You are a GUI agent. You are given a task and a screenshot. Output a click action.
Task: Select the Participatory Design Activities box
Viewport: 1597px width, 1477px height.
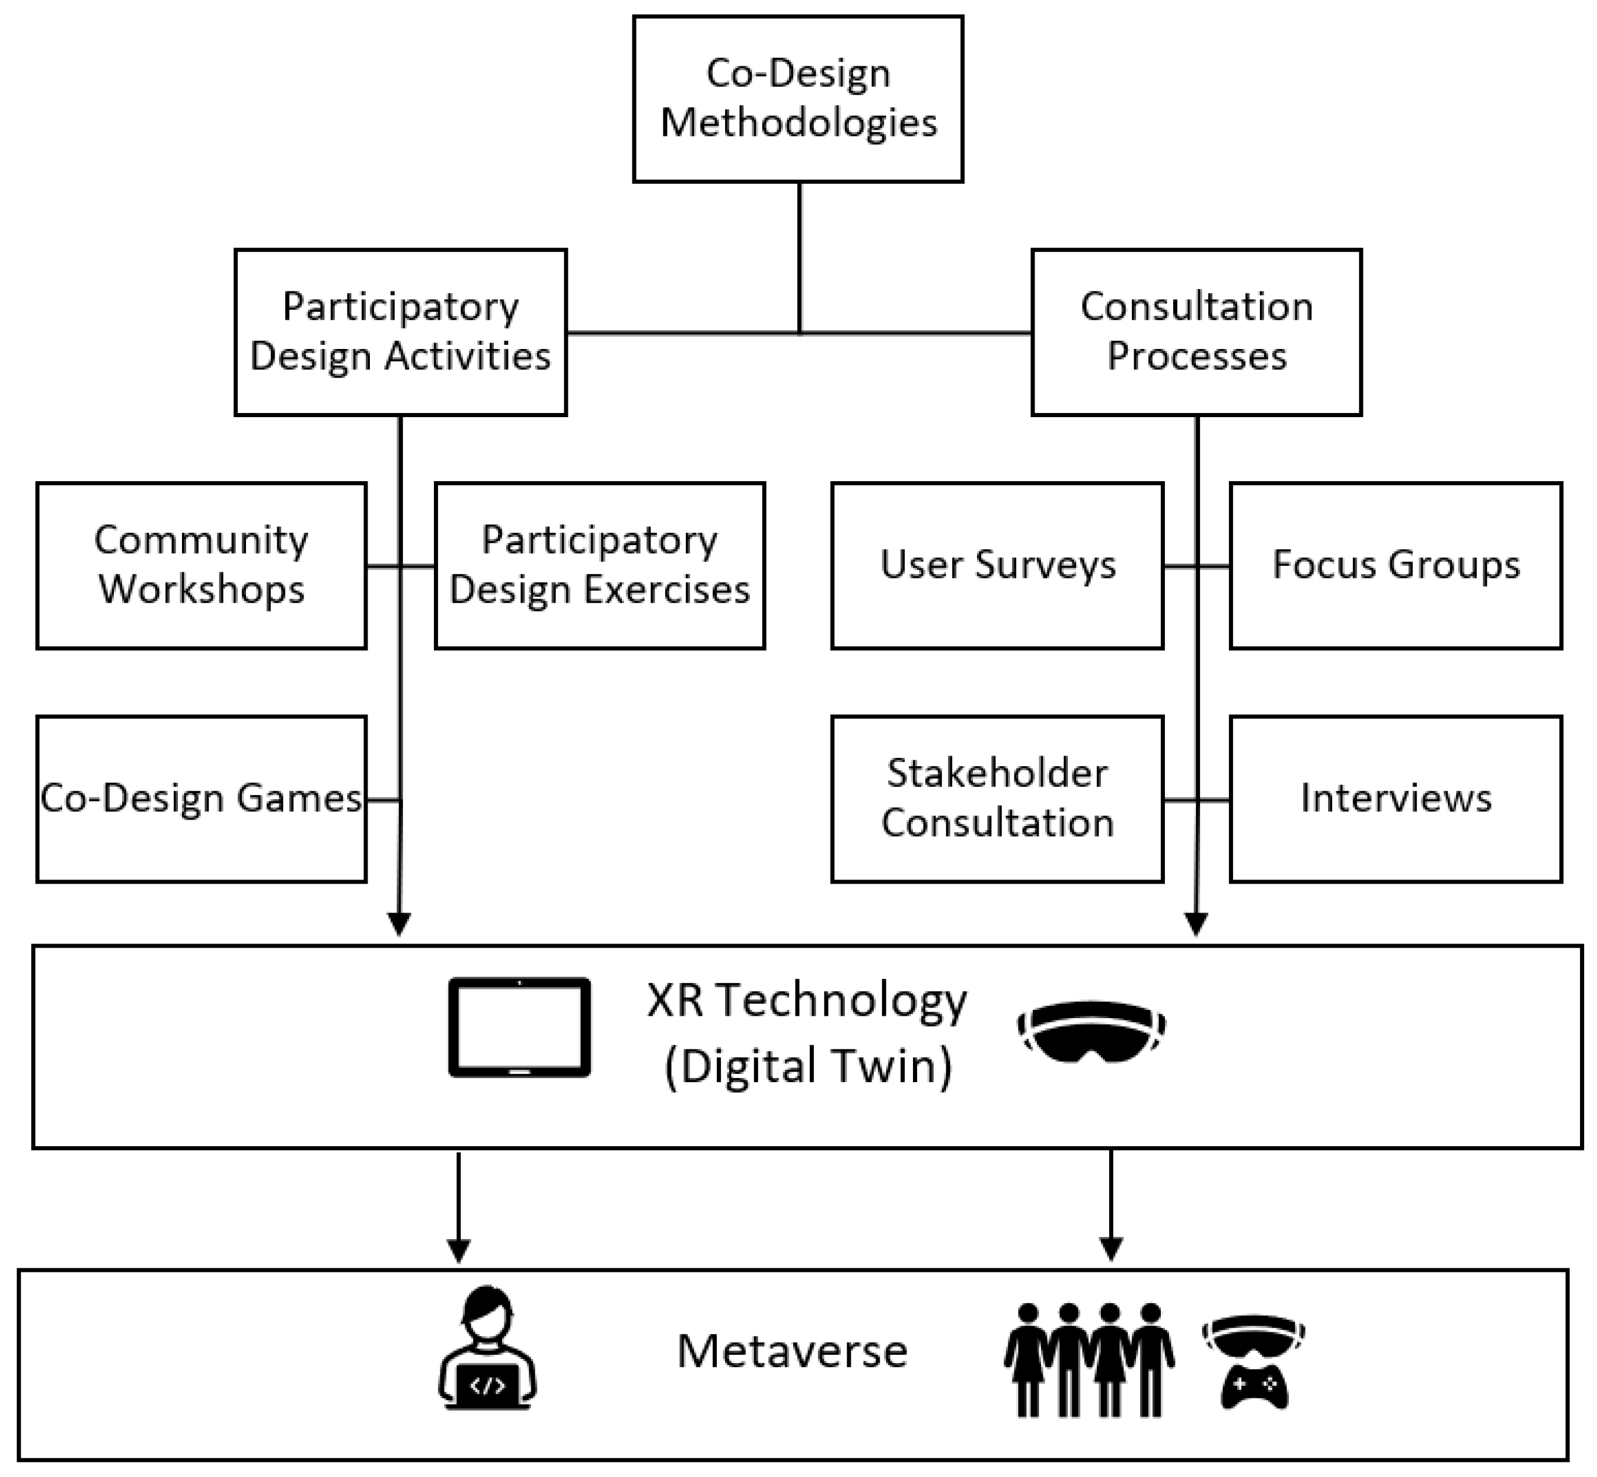[x=400, y=332]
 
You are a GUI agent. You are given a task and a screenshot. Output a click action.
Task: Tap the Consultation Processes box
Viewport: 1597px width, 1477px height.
[x=1196, y=332]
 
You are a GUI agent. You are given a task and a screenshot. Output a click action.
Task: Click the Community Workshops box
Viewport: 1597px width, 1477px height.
[x=201, y=565]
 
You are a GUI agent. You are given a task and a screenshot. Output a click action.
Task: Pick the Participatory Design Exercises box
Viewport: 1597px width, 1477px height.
[x=599, y=565]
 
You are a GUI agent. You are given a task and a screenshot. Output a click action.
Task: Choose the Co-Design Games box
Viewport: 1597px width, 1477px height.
[x=201, y=798]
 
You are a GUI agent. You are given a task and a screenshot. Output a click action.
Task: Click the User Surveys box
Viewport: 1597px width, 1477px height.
[x=997, y=565]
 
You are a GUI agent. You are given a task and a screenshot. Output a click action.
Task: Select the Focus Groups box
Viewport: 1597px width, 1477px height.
[x=1395, y=565]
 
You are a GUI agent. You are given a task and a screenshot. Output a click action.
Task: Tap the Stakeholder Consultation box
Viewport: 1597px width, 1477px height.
[x=997, y=798]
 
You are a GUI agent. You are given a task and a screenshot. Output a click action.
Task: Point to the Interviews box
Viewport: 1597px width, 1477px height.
[x=1395, y=798]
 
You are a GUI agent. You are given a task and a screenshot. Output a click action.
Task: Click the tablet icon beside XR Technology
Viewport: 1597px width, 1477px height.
[x=519, y=1027]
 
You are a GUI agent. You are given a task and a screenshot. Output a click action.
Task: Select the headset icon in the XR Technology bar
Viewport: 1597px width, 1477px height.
[x=1091, y=1031]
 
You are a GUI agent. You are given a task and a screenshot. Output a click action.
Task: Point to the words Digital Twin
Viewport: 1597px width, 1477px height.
[x=808, y=1066]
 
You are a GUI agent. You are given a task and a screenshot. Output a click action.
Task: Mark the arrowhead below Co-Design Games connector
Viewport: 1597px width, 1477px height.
[x=399, y=924]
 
